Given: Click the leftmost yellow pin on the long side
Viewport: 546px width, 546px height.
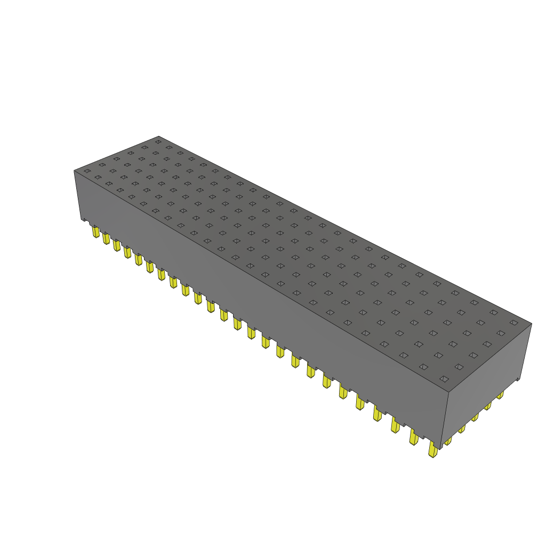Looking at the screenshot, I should click(96, 231).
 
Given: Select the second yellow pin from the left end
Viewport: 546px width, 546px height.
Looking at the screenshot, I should click(106, 238).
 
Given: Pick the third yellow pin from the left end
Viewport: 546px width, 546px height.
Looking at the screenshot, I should click(116, 245).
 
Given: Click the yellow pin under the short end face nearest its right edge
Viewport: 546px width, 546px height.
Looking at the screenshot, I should click(500, 395).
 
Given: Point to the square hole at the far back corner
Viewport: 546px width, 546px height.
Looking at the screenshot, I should click(158, 142).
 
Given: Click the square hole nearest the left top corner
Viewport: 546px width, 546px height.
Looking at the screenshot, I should click(87, 171).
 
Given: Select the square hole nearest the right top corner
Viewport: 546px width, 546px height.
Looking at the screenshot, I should click(513, 323).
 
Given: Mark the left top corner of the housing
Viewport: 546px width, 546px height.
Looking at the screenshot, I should click(74, 171).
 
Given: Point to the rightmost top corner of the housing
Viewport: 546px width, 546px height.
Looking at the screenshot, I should click(532, 323).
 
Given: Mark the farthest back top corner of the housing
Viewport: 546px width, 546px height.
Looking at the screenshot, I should click(159, 136).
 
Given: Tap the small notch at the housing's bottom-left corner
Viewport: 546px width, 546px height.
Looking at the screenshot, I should click(84, 219).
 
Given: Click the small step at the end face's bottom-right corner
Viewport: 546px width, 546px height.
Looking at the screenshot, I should click(518, 379).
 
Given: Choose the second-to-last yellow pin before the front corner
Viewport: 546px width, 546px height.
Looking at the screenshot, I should click(414, 437).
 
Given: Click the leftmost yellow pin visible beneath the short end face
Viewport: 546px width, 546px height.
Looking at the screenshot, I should click(448, 440).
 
